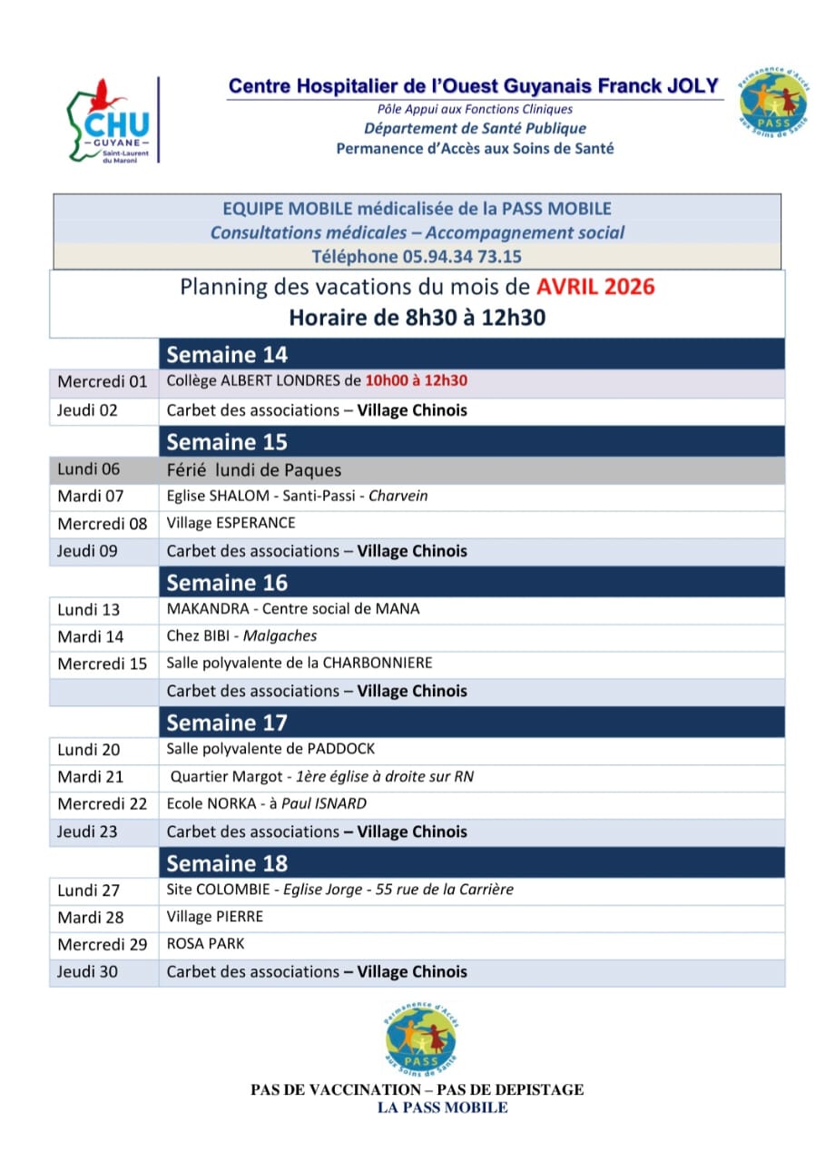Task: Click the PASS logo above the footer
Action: click(419, 1035)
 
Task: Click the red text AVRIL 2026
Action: click(594, 289)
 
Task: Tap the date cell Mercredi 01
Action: click(102, 382)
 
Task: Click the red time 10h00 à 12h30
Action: click(422, 382)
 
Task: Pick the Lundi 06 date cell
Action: click(88, 469)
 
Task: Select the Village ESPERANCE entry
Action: click(231, 524)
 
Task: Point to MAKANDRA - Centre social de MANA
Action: click(293, 609)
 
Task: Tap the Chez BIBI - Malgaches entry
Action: click(241, 636)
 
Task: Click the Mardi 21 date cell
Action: click(90, 777)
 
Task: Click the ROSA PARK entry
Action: click(205, 944)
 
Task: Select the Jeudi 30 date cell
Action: click(87, 971)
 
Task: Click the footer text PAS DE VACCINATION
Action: click(334, 1090)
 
